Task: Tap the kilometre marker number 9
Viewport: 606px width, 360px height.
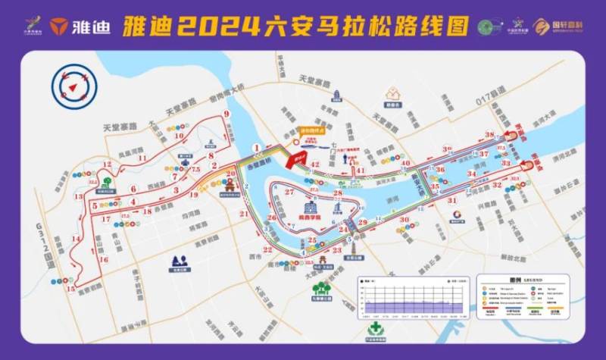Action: tap(226, 114)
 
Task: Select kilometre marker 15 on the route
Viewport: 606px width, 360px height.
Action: tap(70, 289)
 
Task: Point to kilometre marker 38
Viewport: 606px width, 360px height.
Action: tap(489, 134)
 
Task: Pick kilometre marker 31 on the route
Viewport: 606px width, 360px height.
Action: tap(451, 200)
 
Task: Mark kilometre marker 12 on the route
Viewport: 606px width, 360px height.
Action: tap(92, 183)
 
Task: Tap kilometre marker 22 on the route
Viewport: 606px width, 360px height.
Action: tap(267, 249)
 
